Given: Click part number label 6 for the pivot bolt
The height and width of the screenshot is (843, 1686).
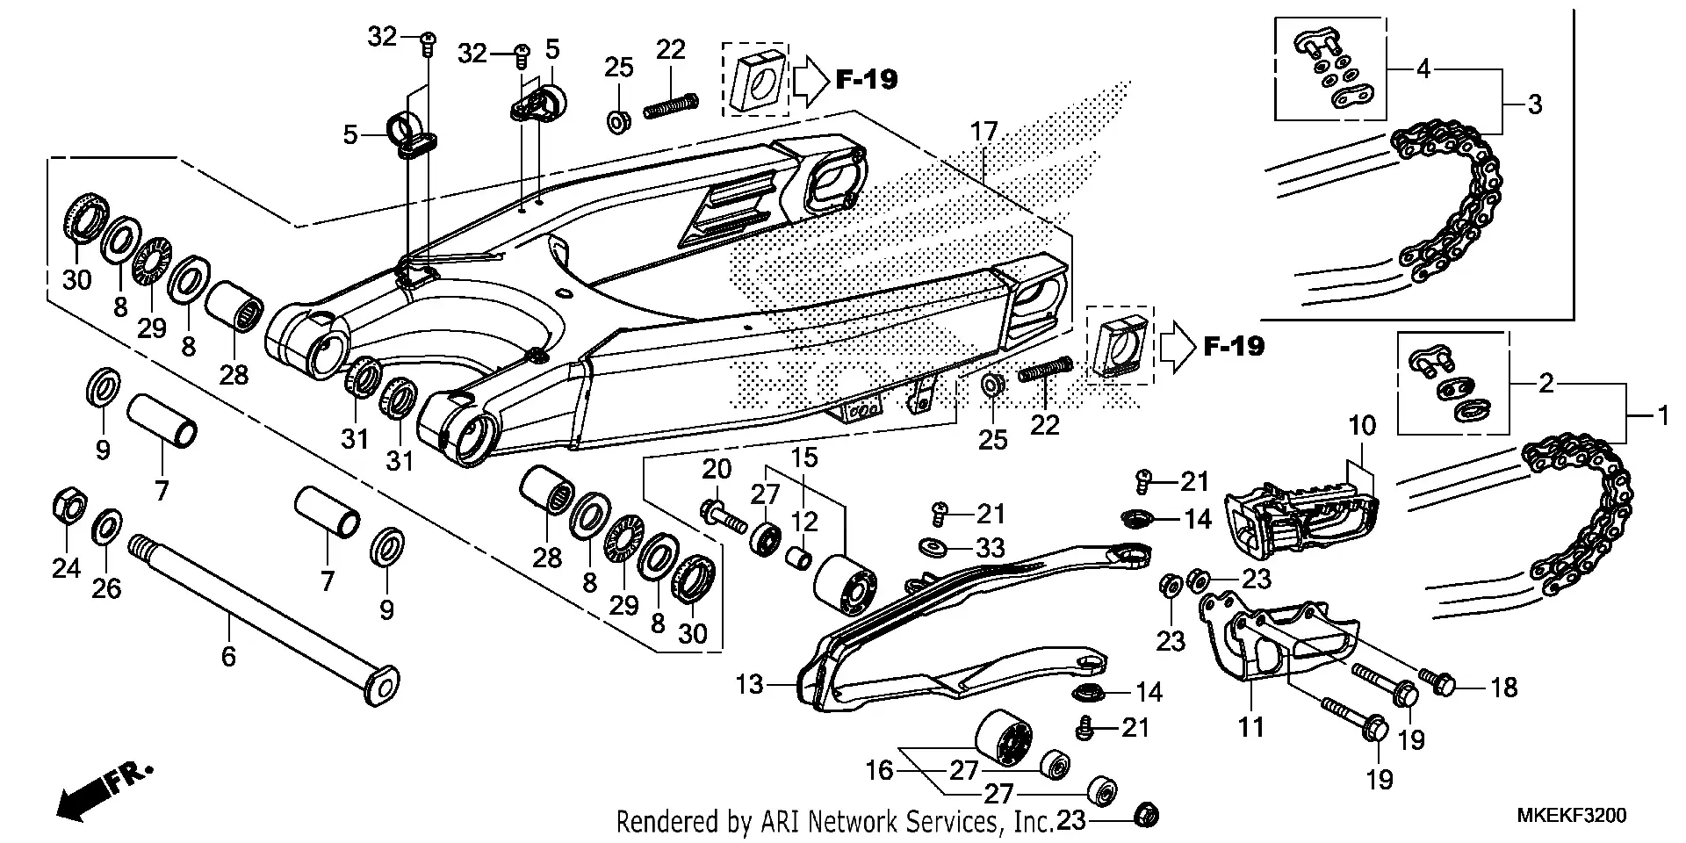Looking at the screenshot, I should pos(228,656).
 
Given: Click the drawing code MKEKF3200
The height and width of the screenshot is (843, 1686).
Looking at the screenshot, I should pos(1572,816).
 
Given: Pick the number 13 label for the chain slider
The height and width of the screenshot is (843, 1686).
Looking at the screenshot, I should pos(749,684).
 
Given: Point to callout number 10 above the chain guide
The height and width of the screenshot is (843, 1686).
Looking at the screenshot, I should pos(1362,427).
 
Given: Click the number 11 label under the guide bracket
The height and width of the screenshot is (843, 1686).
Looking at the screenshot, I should pos(1250,727).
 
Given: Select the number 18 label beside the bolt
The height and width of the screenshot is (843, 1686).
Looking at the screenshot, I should pos(1504,688).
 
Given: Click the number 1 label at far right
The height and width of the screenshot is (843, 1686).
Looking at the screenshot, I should pos(1661,414).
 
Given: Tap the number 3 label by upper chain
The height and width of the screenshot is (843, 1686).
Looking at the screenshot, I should pos(1534,104).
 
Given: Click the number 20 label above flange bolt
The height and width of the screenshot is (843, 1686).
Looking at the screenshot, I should pos(717,470).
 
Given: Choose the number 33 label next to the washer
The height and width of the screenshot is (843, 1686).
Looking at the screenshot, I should pos(991,549).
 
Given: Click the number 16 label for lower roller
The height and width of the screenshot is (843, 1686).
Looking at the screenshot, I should pos(879,771).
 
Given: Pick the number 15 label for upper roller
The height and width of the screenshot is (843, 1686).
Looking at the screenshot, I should pos(804,458).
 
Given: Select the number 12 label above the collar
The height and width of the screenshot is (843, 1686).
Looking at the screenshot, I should pos(804,522).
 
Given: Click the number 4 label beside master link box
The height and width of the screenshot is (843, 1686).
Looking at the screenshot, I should pos(1423,68).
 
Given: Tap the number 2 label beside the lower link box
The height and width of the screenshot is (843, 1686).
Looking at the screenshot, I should pos(1546,384).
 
